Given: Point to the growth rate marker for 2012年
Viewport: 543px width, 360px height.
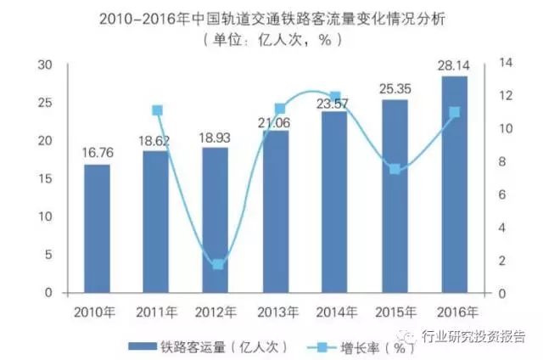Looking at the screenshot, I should tap(217, 264).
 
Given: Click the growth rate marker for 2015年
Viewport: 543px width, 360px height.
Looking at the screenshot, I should tap(394, 169).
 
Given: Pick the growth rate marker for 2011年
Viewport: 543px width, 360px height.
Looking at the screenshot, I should tap(157, 110).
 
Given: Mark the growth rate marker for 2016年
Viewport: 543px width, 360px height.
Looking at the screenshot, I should tap(454, 112).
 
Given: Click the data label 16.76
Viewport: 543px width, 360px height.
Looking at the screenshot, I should tap(96, 154).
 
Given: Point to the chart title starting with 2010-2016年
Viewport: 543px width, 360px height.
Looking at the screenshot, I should tap(271, 19).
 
